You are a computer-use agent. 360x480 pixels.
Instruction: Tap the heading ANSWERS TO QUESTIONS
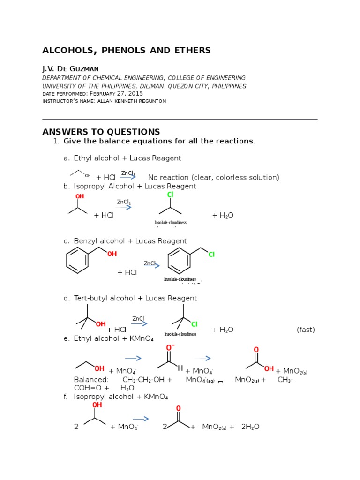coord(101,132)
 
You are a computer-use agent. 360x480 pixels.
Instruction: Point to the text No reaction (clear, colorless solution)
coord(213,177)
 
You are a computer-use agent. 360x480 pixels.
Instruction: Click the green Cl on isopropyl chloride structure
coord(170,195)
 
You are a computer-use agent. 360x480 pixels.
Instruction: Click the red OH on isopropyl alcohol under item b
coord(80,196)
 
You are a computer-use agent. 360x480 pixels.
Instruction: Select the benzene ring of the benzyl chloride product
coord(179,261)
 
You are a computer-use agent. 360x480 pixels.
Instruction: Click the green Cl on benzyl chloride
coord(211,255)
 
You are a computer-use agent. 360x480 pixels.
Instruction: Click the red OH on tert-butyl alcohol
coord(101,324)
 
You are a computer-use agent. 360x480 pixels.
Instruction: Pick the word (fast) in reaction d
coord(306,330)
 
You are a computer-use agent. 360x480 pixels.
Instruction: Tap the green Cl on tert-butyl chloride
coord(194,324)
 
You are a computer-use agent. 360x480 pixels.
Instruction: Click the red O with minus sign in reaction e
coord(170,347)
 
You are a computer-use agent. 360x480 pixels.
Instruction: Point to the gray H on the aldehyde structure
coord(180,368)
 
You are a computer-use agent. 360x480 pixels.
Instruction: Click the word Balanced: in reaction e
coord(91,380)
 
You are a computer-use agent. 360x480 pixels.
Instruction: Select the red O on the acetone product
coord(178,408)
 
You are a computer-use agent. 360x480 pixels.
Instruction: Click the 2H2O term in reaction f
coord(250,427)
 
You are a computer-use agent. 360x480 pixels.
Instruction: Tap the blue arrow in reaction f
coord(141,419)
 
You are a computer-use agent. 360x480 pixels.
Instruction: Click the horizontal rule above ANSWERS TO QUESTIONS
coord(180,120)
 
